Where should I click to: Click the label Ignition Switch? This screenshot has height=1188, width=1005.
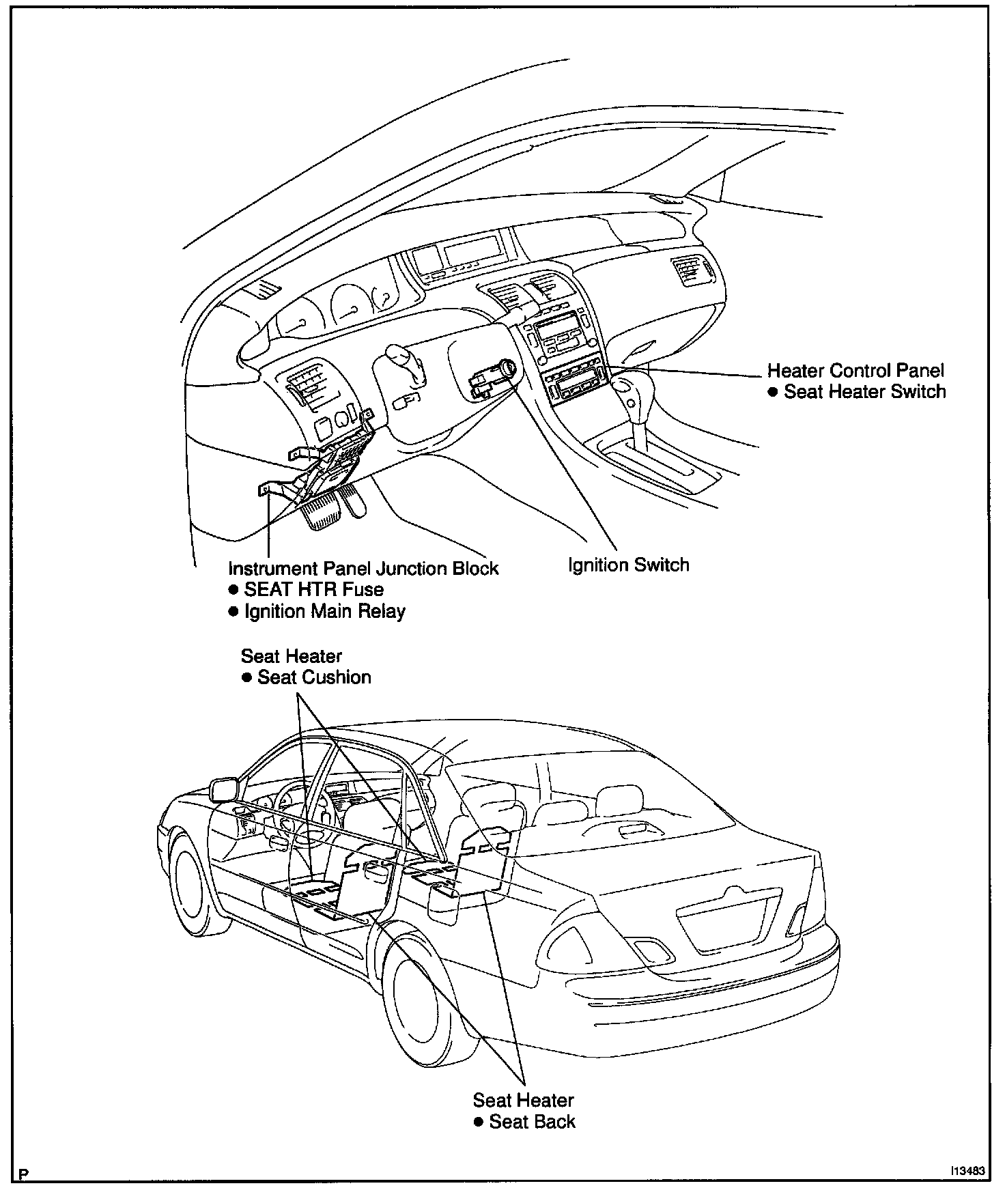pyautogui.click(x=628, y=565)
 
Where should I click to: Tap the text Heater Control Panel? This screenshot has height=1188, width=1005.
pyautogui.click(x=855, y=371)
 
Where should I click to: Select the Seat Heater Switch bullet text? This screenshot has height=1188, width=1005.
pyautogui.click(x=864, y=392)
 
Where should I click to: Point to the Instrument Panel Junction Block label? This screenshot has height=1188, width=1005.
pyautogui.click(x=363, y=569)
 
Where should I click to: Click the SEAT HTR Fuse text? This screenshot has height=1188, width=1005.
pyautogui.click(x=313, y=590)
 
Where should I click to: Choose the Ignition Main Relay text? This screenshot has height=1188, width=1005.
pyautogui.click(x=324, y=611)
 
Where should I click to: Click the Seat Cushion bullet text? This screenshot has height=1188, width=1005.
pyautogui.click(x=314, y=677)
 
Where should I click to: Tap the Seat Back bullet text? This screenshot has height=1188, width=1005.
pyautogui.click(x=532, y=1122)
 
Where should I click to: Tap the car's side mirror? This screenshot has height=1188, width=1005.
pyautogui.click(x=224, y=789)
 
